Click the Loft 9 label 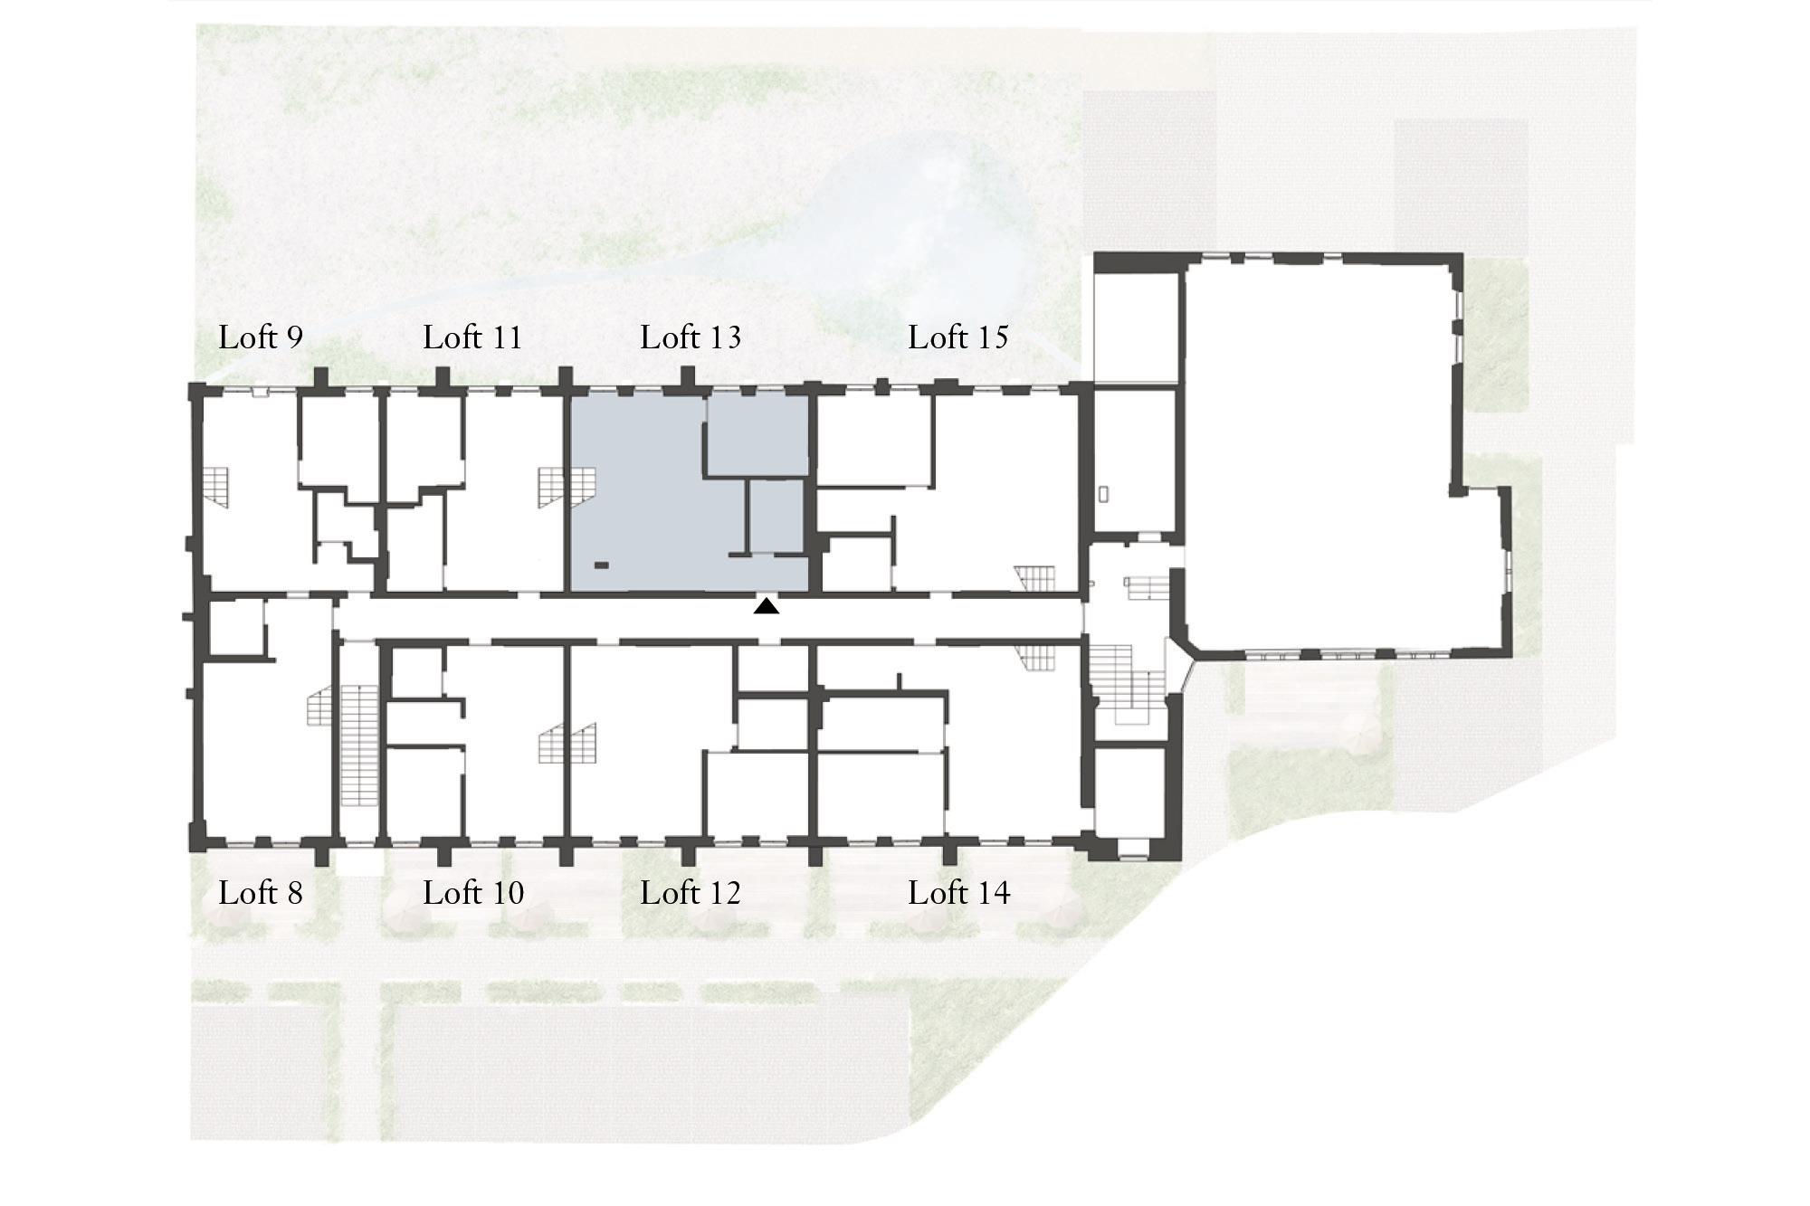pos(261,337)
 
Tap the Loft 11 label pos(472,337)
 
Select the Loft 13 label pos(691,337)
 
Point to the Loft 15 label pos(958,337)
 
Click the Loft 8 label pos(261,893)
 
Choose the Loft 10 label pos(473,893)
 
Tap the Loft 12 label pos(691,893)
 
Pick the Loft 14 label pos(959,893)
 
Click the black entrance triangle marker pos(767,607)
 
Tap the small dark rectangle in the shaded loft pos(602,565)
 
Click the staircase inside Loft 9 pos(215,487)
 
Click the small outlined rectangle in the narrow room pos(1103,495)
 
